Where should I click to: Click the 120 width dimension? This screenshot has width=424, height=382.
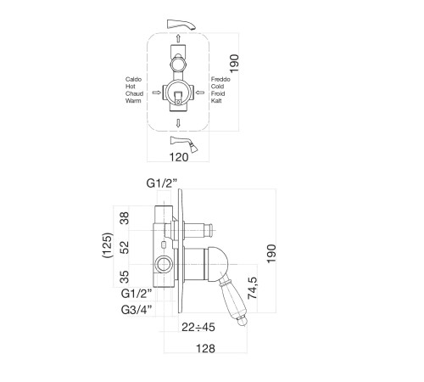pos(179,157)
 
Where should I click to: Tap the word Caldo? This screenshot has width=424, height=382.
pos(133,79)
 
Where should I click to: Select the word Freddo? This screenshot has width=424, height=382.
pos(220,79)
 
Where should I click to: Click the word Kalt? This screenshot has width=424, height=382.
pos(216,101)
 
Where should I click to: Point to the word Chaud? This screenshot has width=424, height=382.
pos(134,93)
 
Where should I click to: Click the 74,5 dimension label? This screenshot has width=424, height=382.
pos(253,288)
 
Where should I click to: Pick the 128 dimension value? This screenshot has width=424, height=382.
pos(205,349)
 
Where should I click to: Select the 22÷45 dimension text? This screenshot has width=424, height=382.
pos(198,327)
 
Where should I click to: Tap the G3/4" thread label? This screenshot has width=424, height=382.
pos(138,310)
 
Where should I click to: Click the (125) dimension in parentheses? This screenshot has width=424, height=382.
pos(108,245)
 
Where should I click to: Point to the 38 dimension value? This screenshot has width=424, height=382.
pos(125,218)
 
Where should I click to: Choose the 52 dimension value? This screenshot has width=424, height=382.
pos(125,247)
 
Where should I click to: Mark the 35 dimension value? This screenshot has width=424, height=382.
pos(125,277)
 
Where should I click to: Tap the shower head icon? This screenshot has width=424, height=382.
pos(184,144)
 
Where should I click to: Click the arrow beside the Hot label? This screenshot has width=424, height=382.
pos(157,93)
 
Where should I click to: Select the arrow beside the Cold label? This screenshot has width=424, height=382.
pos(200,93)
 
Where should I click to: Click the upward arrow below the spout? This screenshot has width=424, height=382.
pos(178,38)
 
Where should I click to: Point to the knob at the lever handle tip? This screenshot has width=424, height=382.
pos(242,322)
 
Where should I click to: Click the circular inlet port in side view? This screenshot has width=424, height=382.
pos(164,265)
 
